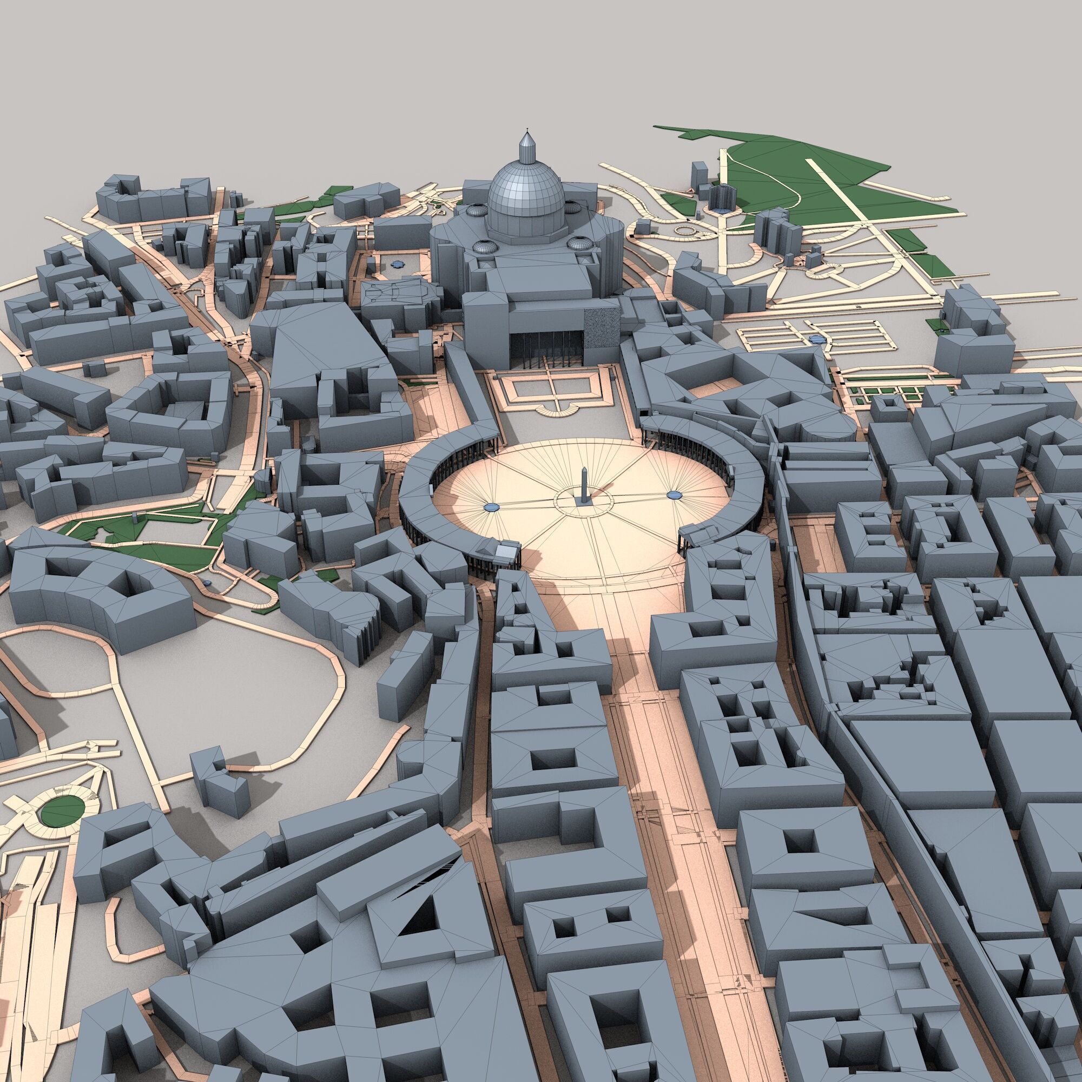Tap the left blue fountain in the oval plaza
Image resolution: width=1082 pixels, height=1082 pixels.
point(491,507)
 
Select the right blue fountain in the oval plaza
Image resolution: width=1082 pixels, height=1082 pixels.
point(674,494)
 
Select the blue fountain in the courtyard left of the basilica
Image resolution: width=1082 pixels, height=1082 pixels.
point(397,263)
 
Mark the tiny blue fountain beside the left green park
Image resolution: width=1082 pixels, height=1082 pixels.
point(208,583)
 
